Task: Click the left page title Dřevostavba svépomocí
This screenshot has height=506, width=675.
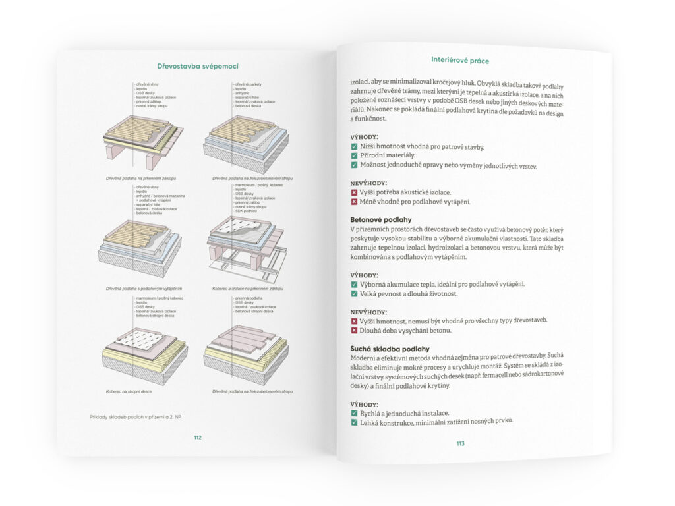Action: tap(197, 66)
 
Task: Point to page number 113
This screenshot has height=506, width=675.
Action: tap(460, 443)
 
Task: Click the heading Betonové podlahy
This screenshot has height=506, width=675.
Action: tap(381, 219)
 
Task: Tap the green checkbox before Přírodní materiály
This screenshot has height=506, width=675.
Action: tap(355, 155)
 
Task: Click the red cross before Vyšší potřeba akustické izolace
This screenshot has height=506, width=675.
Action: tap(355, 192)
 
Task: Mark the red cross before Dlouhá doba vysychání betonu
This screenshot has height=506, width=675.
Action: tap(355, 330)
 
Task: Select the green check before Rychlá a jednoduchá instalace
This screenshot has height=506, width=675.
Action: tap(355, 412)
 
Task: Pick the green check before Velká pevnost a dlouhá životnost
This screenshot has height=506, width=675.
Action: tap(355, 293)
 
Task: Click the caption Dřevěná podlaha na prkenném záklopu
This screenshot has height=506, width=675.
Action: tap(140, 178)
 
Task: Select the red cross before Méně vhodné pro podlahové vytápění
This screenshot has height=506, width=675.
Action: tap(355, 202)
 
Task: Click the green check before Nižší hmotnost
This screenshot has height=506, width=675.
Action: tap(355, 146)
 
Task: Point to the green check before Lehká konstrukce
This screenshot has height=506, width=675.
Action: tap(355, 422)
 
